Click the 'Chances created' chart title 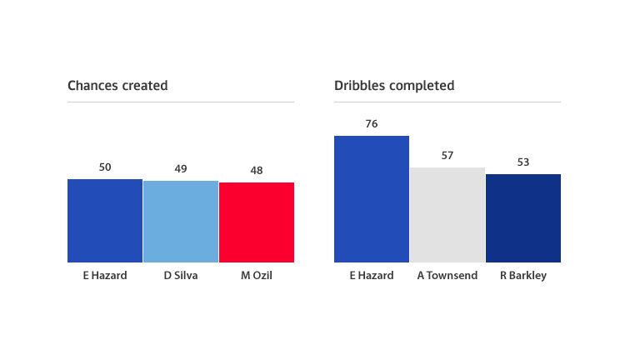[117, 86]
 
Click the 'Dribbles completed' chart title [394, 86]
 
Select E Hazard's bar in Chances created [105, 221]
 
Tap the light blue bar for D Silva [181, 222]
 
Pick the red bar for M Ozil [257, 222]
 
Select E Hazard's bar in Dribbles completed [372, 199]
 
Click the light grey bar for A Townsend [447, 215]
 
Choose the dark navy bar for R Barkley [523, 218]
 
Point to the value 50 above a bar [105, 167]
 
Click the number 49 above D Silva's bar [181, 168]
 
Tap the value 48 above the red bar [257, 170]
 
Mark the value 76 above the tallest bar [372, 123]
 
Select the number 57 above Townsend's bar [447, 155]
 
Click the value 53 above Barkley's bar [523, 162]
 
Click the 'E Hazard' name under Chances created [105, 276]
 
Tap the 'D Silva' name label [181, 276]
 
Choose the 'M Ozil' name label [257, 276]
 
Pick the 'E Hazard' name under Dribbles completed [372, 276]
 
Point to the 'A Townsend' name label [447, 276]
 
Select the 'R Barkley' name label [523, 276]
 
